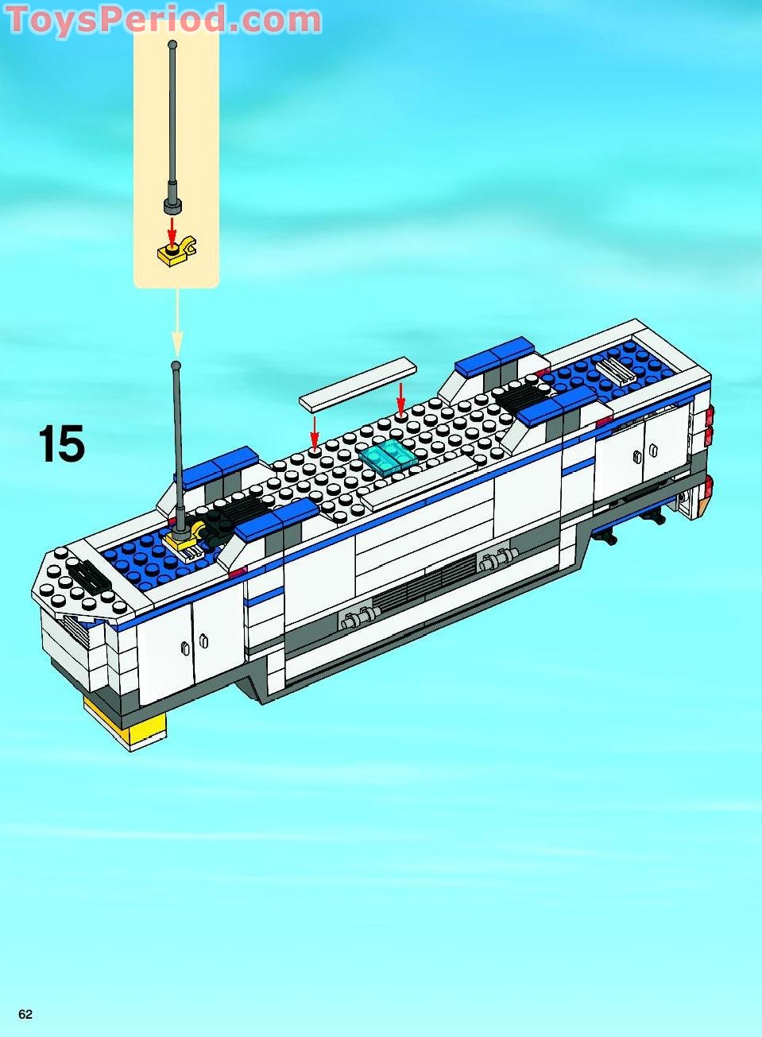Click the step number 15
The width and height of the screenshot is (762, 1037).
(61, 444)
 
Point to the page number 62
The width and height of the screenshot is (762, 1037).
(25, 1015)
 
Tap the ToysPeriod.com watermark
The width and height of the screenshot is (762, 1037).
(163, 20)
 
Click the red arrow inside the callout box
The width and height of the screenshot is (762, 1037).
(171, 229)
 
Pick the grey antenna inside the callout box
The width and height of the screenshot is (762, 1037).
(172, 127)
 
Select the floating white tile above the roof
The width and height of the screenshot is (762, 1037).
(358, 383)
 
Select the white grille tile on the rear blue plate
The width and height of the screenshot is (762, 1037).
(621, 370)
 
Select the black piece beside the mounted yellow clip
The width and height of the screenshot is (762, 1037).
(212, 525)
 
